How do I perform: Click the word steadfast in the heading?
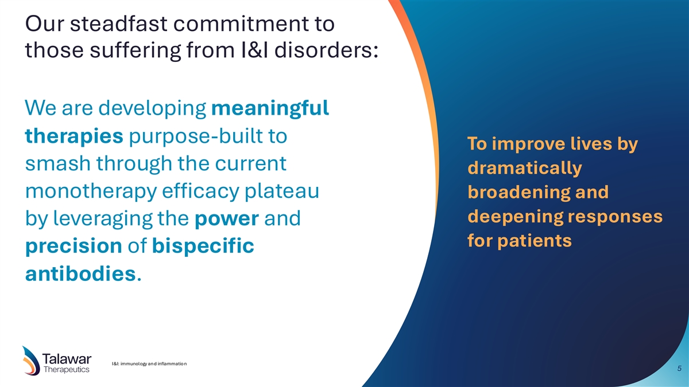[119, 24]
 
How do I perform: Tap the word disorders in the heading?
[326, 50]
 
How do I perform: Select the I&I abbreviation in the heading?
[254, 50]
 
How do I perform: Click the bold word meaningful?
[270, 109]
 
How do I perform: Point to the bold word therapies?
[74, 136]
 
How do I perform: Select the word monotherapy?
[91, 191]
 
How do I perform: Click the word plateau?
[282, 191]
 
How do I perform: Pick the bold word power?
[227, 219]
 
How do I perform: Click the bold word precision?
[74, 247]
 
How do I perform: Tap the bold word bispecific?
[203, 246]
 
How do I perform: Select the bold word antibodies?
[80, 273]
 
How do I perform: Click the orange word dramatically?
[525, 169]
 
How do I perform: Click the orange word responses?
[615, 217]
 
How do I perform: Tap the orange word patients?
[535, 240]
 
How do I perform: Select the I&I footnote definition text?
[149, 364]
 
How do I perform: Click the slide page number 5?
[679, 368]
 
